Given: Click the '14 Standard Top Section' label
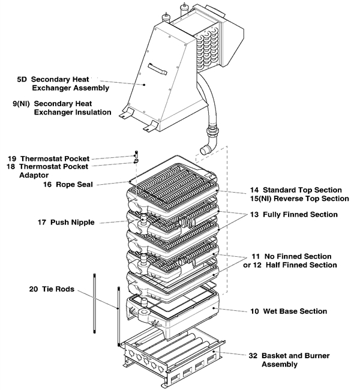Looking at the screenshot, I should [x=295, y=190].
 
